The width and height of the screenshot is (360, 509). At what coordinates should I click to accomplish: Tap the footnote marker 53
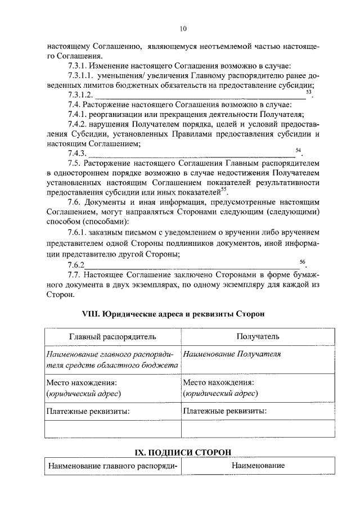[308, 91]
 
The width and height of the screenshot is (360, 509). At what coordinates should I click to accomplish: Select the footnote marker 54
[298, 150]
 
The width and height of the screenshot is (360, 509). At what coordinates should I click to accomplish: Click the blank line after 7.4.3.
[191, 155]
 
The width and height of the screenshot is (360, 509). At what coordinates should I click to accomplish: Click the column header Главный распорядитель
[112, 336]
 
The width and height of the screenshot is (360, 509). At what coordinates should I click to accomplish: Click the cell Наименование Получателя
[232, 354]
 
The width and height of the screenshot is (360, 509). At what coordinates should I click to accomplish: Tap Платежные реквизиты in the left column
[88, 411]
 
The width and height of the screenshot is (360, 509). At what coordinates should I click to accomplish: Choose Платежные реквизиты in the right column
[224, 411]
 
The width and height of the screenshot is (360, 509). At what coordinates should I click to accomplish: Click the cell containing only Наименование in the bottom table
[258, 466]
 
